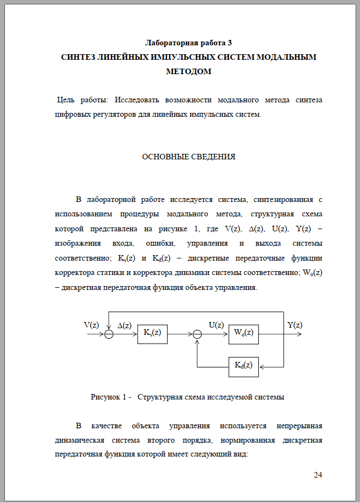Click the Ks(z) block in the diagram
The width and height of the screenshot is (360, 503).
[x=152, y=333]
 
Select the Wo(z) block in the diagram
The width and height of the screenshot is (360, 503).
[x=243, y=333]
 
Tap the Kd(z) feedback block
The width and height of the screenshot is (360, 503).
[x=243, y=365]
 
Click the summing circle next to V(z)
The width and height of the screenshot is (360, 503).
[x=109, y=334]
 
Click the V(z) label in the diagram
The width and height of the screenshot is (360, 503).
[x=91, y=325]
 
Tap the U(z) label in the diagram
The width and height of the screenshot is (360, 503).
[x=216, y=325]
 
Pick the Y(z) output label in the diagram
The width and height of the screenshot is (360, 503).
[x=295, y=325]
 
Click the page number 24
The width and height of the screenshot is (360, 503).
[x=317, y=475]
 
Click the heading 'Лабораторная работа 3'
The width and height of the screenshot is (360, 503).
[x=189, y=43]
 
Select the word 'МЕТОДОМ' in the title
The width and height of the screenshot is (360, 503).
[x=189, y=71]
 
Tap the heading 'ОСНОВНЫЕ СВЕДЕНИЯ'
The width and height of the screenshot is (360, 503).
[x=189, y=157]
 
